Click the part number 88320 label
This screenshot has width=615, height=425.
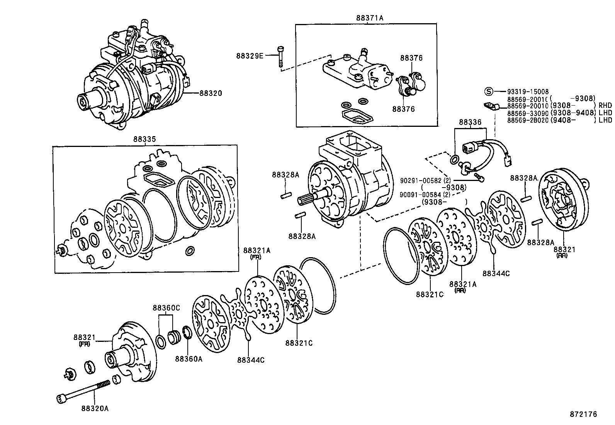pyautogui.click(x=211, y=93)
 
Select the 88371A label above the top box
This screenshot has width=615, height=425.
pyautogui.click(x=367, y=18)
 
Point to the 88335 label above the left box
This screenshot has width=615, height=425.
pyautogui.click(x=144, y=139)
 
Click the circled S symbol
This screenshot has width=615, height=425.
pyautogui.click(x=489, y=91)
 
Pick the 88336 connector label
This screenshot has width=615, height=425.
pyautogui.click(x=470, y=122)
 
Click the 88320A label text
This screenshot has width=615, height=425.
pyautogui.click(x=95, y=408)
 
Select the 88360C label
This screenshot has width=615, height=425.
pyautogui.click(x=166, y=308)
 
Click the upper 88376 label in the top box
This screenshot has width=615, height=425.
pyautogui.click(x=411, y=58)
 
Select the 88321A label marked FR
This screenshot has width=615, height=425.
pyautogui.click(x=257, y=251)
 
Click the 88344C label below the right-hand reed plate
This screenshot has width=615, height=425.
pyautogui.click(x=496, y=273)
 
